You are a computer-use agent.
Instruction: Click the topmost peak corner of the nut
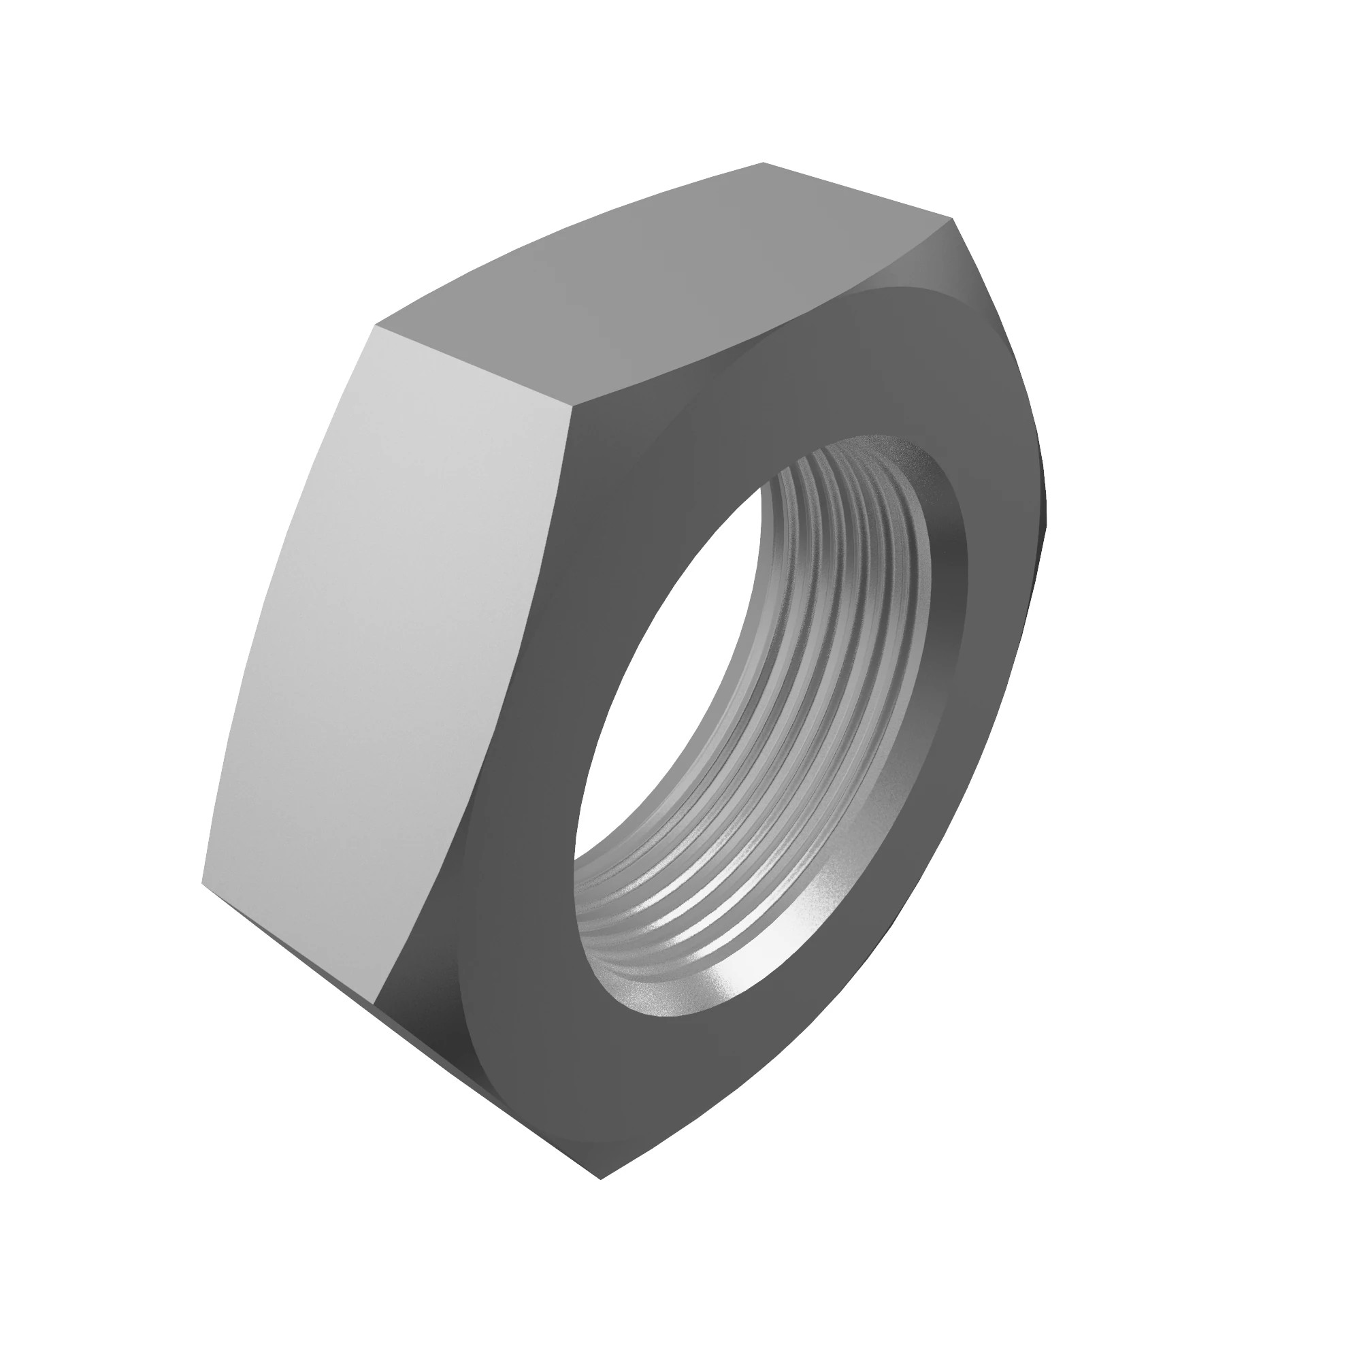[764, 163]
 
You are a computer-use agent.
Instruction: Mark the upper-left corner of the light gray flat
[377, 327]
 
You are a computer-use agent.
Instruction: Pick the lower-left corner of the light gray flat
[202, 882]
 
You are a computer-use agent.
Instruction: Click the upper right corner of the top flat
[953, 218]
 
